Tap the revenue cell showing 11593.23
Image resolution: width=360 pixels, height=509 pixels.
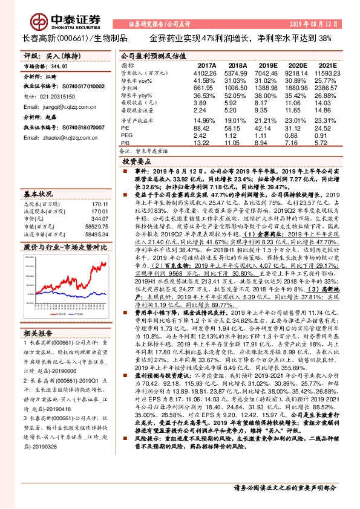329,73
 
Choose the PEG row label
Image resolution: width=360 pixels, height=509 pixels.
126,135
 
